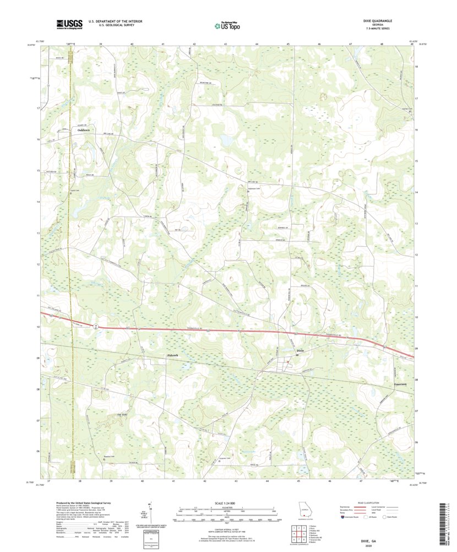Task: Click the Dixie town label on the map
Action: point(300,350)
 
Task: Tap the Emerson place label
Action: point(400,384)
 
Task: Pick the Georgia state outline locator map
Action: point(304,509)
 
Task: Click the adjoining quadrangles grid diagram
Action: point(296,533)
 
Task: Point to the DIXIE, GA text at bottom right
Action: point(361,542)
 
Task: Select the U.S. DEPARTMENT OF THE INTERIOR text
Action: point(112,21)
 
